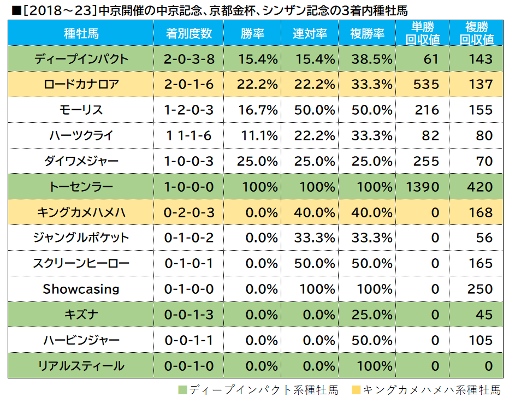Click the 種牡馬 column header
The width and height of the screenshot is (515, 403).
pyautogui.click(x=81, y=34)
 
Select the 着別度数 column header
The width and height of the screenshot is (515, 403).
pyautogui.click(x=189, y=34)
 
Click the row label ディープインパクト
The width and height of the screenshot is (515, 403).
pyautogui.click(x=81, y=59)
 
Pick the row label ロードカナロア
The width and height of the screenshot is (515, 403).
pyautogui.click(x=81, y=85)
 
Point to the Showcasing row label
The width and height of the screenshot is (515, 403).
pyautogui.click(x=81, y=289)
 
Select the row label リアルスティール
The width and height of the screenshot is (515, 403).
pyautogui.click(x=81, y=366)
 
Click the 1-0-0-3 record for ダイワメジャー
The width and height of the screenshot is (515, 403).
pyautogui.click(x=189, y=161)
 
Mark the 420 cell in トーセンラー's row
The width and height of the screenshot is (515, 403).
pyautogui.click(x=480, y=187)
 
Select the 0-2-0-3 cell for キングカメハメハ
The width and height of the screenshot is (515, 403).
pyautogui.click(x=189, y=212)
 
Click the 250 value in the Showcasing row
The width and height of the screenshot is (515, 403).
pyautogui.click(x=480, y=289)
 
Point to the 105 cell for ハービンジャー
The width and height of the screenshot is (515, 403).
pyautogui.click(x=481, y=340)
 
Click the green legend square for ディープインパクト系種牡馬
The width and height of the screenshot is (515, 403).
pyautogui.click(x=183, y=390)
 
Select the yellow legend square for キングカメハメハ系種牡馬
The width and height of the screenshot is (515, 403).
pyautogui.click(x=357, y=390)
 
